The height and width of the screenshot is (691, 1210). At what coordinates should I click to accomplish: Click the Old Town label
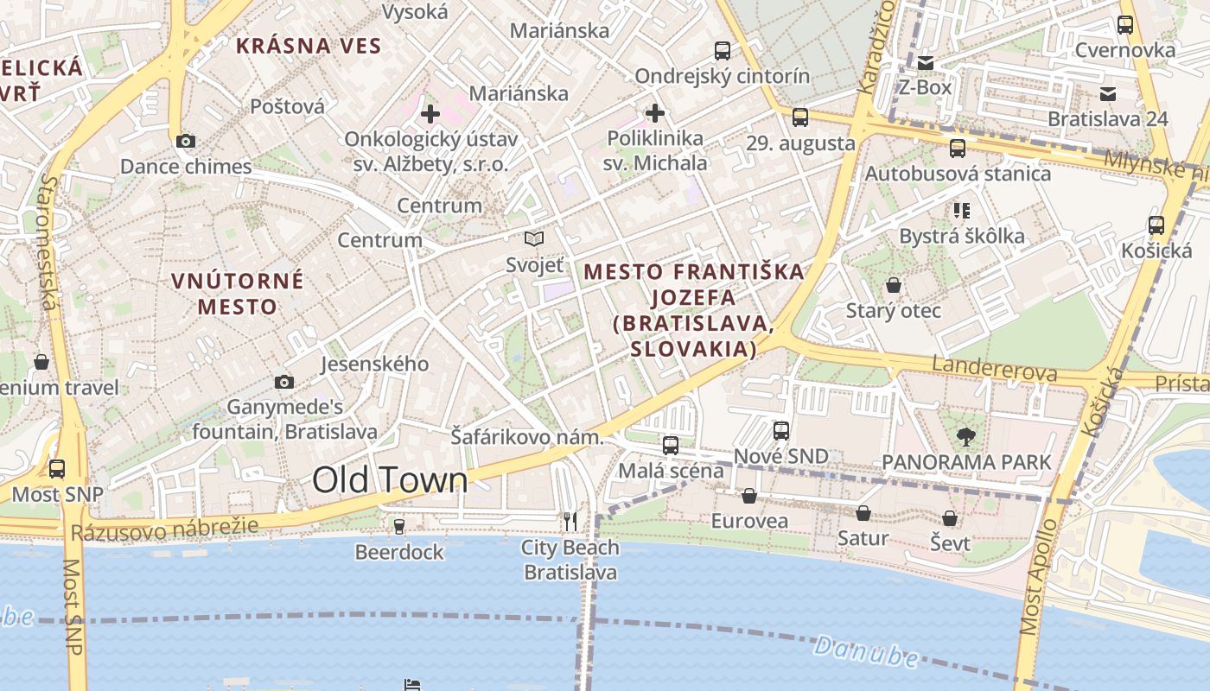click(x=390, y=480)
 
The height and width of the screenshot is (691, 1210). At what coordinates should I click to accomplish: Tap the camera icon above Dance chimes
click(x=185, y=141)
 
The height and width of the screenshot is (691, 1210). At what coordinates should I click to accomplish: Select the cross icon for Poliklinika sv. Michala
click(x=655, y=113)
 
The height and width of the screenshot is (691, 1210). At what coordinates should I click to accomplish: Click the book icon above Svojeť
click(x=534, y=238)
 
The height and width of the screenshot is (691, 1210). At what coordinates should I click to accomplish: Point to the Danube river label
click(x=866, y=650)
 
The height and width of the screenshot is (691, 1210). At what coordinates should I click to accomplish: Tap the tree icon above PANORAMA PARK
click(x=965, y=436)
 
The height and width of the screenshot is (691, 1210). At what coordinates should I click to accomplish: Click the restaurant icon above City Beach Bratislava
click(x=570, y=521)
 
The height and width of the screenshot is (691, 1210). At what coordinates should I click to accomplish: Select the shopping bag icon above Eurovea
click(x=749, y=496)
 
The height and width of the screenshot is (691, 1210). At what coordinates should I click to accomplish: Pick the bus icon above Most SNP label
click(x=57, y=469)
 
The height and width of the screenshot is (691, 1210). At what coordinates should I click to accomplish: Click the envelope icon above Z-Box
click(x=926, y=62)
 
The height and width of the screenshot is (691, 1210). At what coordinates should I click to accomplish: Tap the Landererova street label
click(x=994, y=370)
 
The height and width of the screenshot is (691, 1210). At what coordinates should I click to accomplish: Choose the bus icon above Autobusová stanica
click(x=958, y=148)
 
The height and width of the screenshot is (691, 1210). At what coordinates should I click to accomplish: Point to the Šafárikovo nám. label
click(x=527, y=437)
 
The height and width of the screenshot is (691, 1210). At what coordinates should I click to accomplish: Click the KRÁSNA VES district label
click(x=309, y=46)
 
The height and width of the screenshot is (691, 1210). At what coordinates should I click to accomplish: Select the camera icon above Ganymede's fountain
click(x=283, y=382)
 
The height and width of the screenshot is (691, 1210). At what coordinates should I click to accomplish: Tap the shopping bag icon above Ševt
click(x=950, y=518)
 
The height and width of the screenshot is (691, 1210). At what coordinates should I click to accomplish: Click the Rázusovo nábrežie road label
click(x=164, y=529)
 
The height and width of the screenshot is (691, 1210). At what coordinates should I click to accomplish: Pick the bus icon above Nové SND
click(x=781, y=430)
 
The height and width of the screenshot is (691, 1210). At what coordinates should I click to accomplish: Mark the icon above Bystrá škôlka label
click(x=961, y=210)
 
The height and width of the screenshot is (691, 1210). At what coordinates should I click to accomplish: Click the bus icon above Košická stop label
click(x=1156, y=225)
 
